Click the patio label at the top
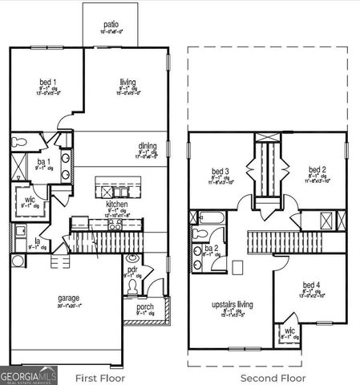110,25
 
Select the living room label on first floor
127,82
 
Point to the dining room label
148,145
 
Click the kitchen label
117,205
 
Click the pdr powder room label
133,269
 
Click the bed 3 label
220,171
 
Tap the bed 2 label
318,170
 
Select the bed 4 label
311,285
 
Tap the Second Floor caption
273,376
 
